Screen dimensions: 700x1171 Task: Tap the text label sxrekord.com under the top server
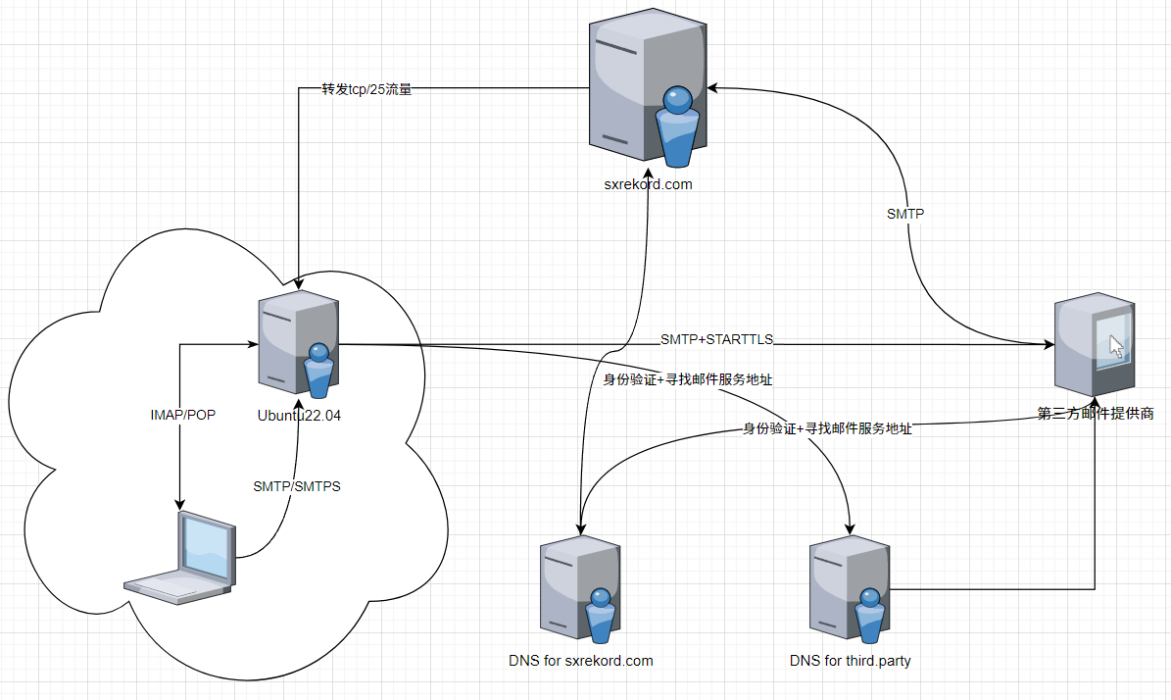648,183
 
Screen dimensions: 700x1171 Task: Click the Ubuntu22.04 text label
299,416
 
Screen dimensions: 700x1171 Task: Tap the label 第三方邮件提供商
1096,414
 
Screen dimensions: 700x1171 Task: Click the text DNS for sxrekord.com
580,661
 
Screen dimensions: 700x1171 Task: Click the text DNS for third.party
851,661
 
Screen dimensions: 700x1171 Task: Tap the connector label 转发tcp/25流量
366,89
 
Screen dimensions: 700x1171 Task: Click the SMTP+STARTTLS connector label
716,339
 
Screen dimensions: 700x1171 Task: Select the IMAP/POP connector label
182,415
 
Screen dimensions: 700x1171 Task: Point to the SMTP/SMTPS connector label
297,486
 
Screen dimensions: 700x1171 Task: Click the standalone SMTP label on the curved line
905,213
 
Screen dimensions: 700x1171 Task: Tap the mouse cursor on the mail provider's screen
1115,345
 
